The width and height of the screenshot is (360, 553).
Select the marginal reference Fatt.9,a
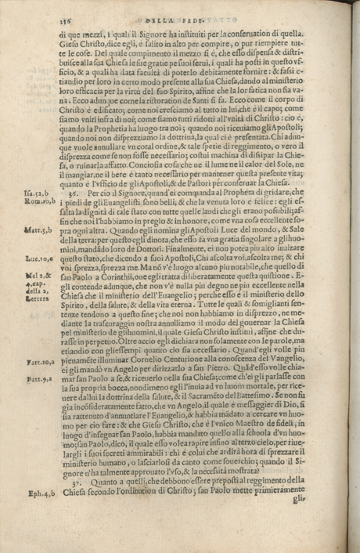click(31, 422)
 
